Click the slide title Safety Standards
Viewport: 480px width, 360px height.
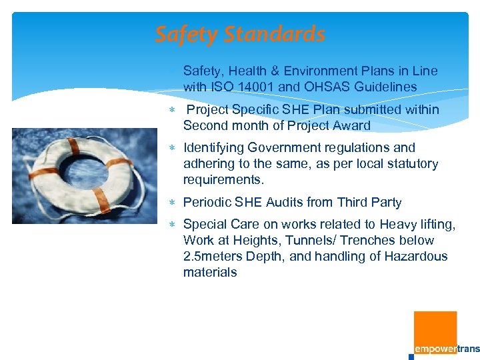240,34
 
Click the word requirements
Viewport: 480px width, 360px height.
223,179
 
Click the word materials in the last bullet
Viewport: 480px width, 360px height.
210,272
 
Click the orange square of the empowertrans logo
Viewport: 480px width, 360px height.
435,328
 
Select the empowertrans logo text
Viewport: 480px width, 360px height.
447,349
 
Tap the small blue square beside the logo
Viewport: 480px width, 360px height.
411,357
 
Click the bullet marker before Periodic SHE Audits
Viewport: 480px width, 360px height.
173,203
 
